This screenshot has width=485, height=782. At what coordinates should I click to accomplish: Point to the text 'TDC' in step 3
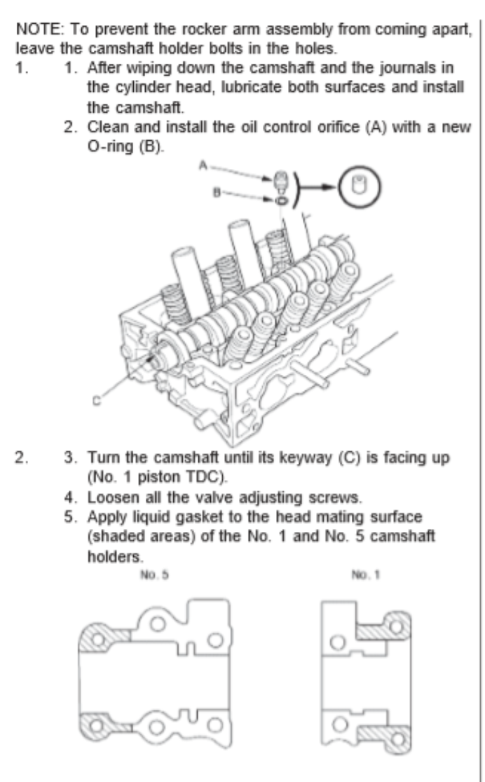(x=168, y=483)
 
